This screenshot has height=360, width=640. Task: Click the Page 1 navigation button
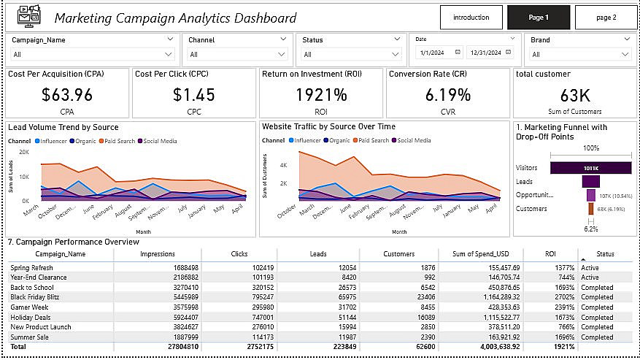pos(538,17)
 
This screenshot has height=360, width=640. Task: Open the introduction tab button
pos(471,17)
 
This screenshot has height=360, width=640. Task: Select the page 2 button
pos(606,17)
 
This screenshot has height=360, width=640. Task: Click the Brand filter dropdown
pos(581,54)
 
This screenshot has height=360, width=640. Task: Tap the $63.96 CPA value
pos(67,94)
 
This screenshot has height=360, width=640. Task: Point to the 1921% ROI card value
pos(321,94)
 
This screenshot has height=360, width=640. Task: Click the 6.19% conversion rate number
pos(447,94)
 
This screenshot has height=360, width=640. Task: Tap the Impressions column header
pos(156,254)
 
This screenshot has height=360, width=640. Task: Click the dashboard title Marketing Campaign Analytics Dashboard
pos(175,18)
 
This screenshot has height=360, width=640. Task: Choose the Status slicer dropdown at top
pos(347,54)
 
